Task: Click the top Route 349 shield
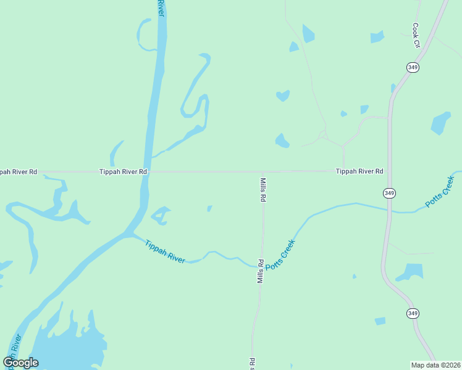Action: point(413,67)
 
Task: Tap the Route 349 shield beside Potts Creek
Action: point(389,193)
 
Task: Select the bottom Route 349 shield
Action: point(413,313)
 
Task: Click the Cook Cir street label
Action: point(416,36)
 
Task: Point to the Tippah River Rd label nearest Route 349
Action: point(359,171)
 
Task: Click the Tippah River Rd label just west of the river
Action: point(123,171)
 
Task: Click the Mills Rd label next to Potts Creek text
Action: point(261,271)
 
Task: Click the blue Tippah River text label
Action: point(165,252)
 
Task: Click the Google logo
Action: point(20,363)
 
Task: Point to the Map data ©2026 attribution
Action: point(435,364)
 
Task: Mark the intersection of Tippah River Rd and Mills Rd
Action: point(263,171)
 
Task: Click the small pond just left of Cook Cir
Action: point(377,37)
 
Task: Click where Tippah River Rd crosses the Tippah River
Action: point(147,171)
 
